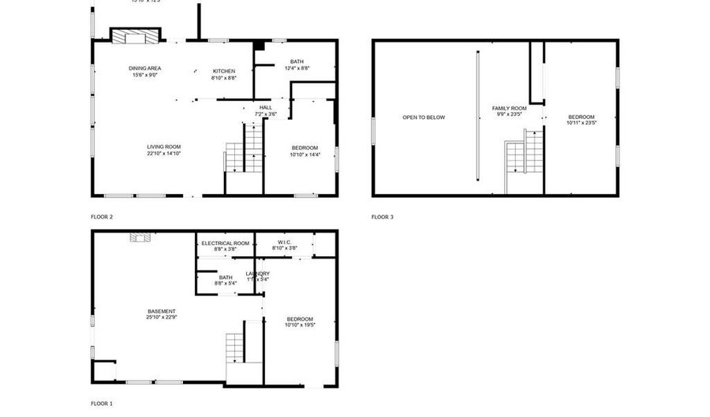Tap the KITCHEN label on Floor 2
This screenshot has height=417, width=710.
click(223, 71)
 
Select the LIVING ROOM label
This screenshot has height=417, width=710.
click(164, 147)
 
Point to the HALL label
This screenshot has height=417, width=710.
click(265, 107)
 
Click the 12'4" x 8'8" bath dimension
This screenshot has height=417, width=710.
click(297, 69)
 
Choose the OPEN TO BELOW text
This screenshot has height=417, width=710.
click(424, 117)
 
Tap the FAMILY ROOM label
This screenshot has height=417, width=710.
click(509, 108)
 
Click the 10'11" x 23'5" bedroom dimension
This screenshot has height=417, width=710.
click(581, 123)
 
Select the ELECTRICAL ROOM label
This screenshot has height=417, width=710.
click(225, 243)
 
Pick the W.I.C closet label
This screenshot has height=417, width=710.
click(285, 242)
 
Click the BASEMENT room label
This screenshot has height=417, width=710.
click(161, 311)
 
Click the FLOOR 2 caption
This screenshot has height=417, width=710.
click(102, 216)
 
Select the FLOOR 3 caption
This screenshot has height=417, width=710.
click(382, 216)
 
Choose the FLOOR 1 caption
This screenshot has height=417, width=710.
click(102, 404)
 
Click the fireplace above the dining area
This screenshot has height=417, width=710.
click(135, 35)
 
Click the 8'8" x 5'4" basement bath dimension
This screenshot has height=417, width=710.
click(226, 283)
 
